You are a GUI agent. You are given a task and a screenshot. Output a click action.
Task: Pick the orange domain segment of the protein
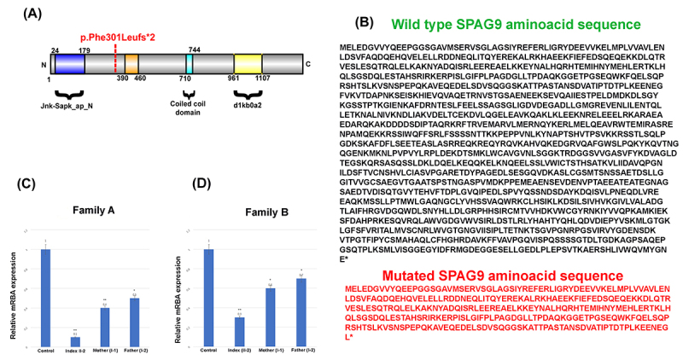click(131, 62)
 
